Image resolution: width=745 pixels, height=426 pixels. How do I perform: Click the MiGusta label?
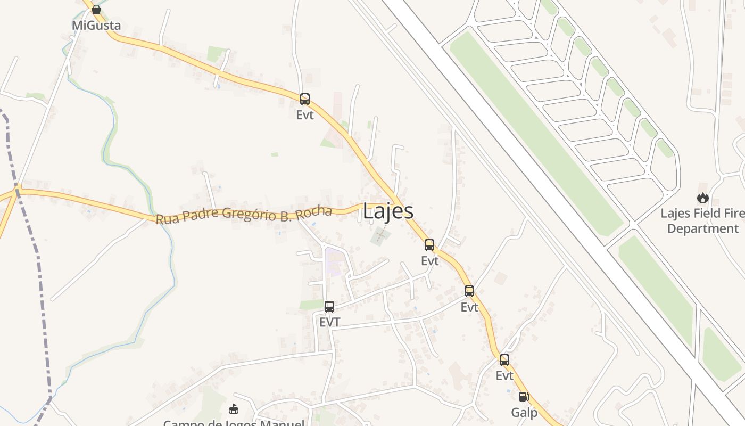[x=96, y=26]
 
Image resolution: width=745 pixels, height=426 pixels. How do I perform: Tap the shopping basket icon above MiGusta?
[x=96, y=10]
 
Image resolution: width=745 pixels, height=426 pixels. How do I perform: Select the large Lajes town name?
[x=388, y=211]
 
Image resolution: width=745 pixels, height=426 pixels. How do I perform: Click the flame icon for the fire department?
[x=703, y=198]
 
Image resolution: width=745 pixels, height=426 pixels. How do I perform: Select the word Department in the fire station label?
[x=703, y=229]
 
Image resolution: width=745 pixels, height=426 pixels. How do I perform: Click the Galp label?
[x=524, y=413]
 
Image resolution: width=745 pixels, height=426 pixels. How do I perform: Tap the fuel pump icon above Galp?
[x=524, y=397]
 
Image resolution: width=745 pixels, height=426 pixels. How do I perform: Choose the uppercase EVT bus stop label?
[x=329, y=322]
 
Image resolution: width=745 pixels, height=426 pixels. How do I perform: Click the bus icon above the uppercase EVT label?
[x=329, y=307]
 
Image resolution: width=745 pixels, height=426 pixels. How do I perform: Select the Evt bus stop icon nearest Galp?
[x=504, y=360]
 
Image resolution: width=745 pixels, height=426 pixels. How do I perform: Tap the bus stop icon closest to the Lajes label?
[x=429, y=245]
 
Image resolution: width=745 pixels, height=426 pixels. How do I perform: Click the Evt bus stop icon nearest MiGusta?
[x=305, y=99]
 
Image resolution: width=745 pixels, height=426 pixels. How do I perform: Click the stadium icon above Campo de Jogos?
[x=234, y=409]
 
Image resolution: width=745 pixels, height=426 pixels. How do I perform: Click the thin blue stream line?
[x=171, y=266]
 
